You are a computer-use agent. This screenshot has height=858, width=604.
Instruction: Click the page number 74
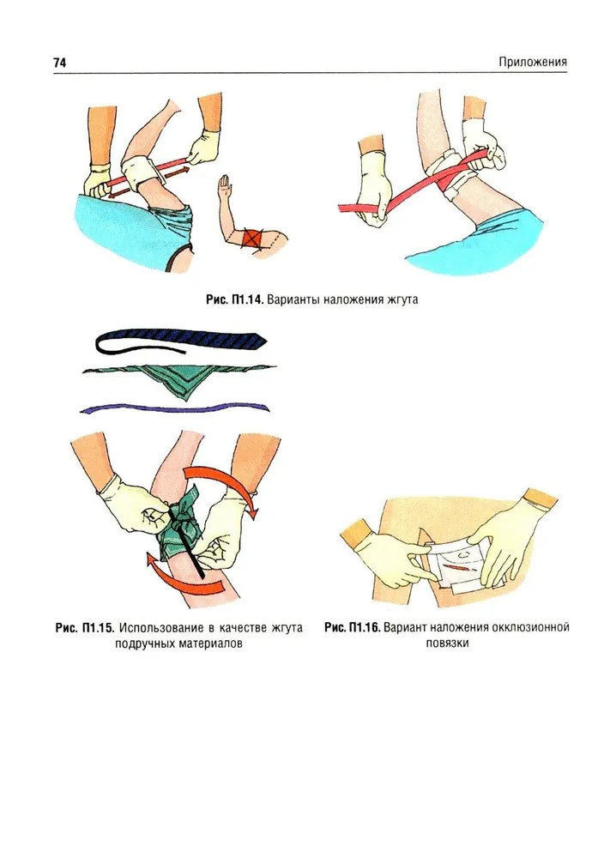(x=60, y=63)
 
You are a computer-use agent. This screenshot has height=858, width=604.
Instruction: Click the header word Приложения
(x=532, y=62)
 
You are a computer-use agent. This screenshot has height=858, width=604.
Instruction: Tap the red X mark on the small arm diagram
(x=252, y=239)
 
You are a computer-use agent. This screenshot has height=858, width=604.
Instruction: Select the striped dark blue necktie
(x=180, y=341)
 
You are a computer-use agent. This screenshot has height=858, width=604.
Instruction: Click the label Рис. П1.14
(x=235, y=299)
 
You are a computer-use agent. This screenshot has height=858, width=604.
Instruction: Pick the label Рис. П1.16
(x=352, y=627)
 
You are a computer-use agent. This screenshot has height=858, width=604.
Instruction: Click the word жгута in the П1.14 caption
(x=401, y=299)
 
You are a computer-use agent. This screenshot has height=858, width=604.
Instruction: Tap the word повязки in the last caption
(x=447, y=643)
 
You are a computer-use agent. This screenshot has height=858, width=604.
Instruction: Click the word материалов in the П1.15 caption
(x=209, y=643)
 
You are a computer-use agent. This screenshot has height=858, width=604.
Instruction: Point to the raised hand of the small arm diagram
(x=224, y=186)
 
